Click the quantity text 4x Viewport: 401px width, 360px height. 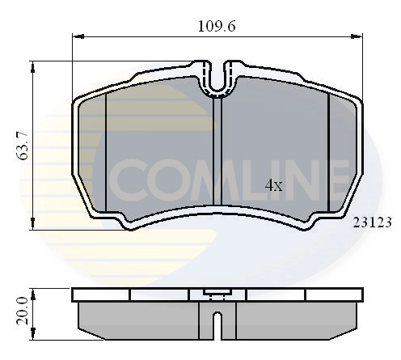coord(274,185)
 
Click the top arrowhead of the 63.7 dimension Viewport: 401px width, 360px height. coord(33,66)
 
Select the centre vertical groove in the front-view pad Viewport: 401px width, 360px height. coord(217,154)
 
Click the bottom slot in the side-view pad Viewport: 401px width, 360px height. coord(217,323)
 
